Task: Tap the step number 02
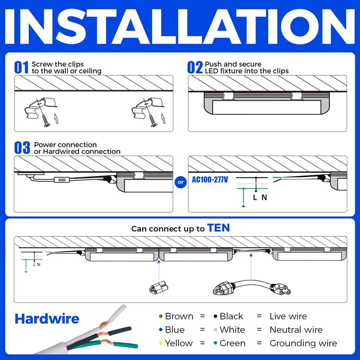click(195, 67)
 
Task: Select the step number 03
click(22, 148)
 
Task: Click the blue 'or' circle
click(180, 182)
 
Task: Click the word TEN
click(218, 228)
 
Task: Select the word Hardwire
click(47, 319)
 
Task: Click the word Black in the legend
click(231, 316)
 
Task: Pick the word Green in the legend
click(233, 343)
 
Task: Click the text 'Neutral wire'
click(296, 330)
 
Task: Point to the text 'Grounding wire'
click(303, 343)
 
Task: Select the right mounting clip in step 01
click(143, 108)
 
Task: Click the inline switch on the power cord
click(60, 180)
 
